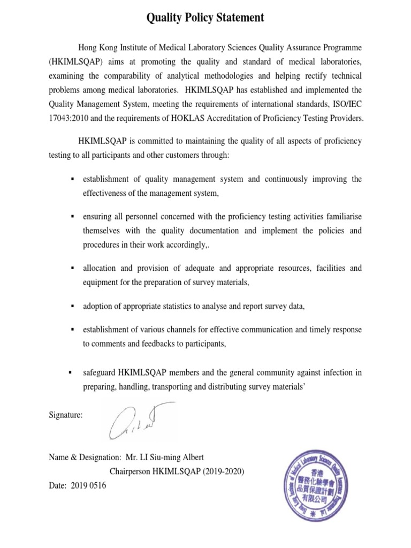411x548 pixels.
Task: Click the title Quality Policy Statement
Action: point(205,18)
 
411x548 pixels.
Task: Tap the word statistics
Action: point(193,307)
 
